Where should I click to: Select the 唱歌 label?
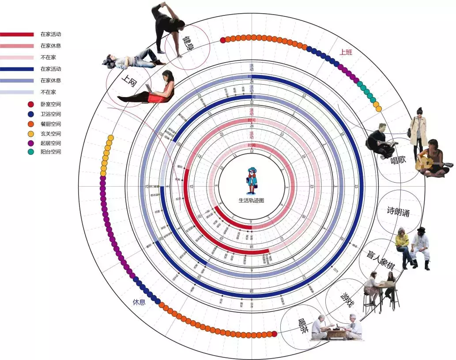pos(398,161)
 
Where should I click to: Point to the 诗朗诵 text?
pos(398,212)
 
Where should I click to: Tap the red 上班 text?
pos(346,52)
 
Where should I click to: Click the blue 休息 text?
pos(139,303)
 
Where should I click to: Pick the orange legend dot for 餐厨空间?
pos(30,124)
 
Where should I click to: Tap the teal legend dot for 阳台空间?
pos(30,152)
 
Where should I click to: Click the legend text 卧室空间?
pos(50,104)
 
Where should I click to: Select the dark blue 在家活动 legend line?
pos(17,69)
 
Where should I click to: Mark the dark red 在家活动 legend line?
pos(17,34)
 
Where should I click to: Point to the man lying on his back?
pos(132,60)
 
